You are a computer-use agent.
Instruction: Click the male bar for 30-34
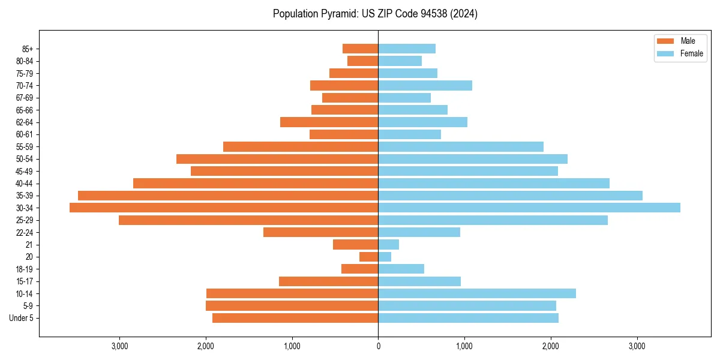[x=224, y=208]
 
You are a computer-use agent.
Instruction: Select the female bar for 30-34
[x=529, y=208]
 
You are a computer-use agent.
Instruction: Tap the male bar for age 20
[x=368, y=257]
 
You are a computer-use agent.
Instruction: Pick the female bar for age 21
[x=388, y=244]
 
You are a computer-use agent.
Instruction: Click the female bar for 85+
[x=407, y=49]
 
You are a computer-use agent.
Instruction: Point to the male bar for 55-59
[x=301, y=146]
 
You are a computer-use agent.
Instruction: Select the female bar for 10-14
[x=477, y=293]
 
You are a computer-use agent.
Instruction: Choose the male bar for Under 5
[x=295, y=318]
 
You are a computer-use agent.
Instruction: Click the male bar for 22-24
[x=320, y=232]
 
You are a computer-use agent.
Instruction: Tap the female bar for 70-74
[x=425, y=85]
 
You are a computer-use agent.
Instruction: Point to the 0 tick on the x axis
[x=378, y=347]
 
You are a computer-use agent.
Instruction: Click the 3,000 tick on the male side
[x=119, y=347]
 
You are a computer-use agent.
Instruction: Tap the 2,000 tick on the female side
[x=551, y=347]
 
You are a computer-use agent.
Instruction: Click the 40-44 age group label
[x=25, y=184]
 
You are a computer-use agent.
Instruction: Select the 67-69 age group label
[x=25, y=98]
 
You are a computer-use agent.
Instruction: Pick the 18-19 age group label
[x=25, y=269]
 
